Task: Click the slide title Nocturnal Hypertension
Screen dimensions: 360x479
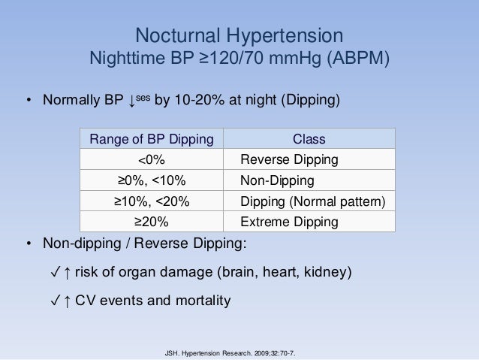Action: pos(239,35)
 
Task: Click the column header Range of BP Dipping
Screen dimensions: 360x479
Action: pos(151,139)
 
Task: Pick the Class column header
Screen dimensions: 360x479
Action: pos(309,139)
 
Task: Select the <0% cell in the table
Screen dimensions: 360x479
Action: pos(151,160)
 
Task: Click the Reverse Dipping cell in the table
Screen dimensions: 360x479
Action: pos(289,160)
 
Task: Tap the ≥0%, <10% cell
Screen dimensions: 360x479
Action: pos(151,181)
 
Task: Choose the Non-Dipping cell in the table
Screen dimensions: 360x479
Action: pos(277,181)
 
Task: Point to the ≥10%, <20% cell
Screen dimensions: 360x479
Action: pos(151,201)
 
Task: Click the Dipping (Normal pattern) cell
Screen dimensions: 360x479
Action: pos(312,201)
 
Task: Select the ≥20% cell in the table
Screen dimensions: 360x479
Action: pos(151,222)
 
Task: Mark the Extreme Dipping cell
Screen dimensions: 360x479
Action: pos(289,222)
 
